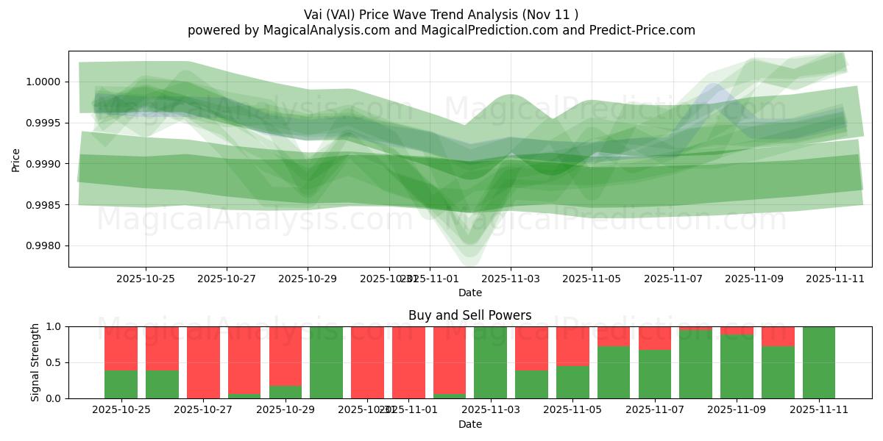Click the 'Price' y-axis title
tap(15, 159)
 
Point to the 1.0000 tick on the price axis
tap(46, 82)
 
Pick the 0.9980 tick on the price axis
tap(46, 245)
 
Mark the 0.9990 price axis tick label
tap(46, 164)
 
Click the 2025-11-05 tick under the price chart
tap(591, 279)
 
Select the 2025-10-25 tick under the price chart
tap(145, 279)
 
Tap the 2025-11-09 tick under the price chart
tap(753, 279)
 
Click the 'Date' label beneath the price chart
tap(470, 293)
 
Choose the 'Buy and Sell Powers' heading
tap(470, 315)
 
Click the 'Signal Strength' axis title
tap(35, 362)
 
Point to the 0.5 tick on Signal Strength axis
tap(54, 362)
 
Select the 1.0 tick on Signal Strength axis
tap(54, 326)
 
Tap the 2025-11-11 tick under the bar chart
tap(819, 410)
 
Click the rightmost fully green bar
tap(819, 362)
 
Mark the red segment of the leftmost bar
tap(121, 348)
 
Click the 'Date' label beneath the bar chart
tap(470, 424)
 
